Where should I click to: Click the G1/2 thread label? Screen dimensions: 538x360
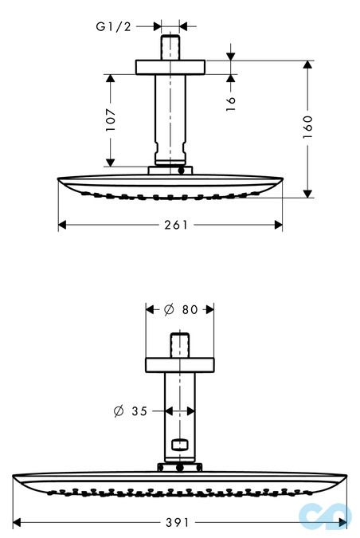(113, 27)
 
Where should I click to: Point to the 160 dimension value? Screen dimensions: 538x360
(308, 127)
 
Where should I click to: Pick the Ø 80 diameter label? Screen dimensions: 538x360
(179, 309)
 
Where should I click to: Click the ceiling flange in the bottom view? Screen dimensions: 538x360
(179, 365)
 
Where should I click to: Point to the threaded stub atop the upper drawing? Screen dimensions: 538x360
(171, 45)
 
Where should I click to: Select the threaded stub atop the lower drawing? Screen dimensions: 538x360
(179, 347)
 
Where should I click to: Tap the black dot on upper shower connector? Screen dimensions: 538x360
(182, 170)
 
